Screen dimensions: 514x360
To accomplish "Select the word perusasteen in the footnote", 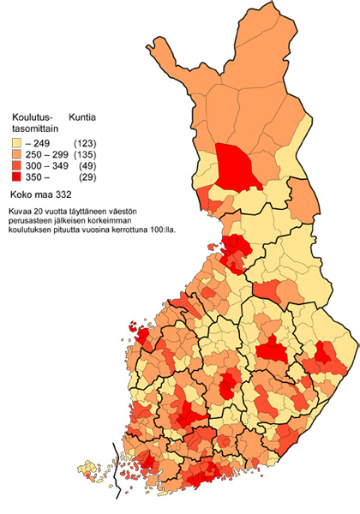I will pos(33,220).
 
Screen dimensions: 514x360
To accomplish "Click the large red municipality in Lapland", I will pos(237,167).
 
